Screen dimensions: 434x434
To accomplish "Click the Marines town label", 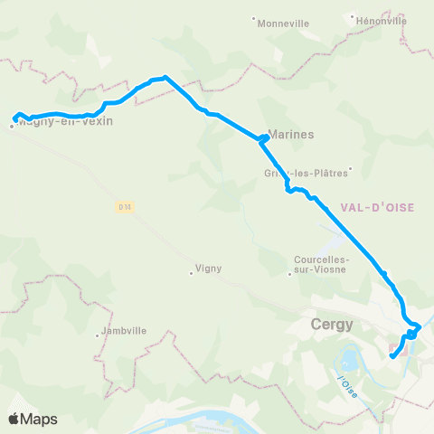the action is coord(291,134).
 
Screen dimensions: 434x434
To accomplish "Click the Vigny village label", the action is coord(209,269).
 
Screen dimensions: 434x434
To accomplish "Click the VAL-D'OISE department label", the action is coord(378,207).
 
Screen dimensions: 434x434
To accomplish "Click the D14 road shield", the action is coord(125,206).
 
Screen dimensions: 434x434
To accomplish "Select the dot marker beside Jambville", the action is coord(98,336).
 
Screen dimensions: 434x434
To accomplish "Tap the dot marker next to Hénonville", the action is coord(354,15).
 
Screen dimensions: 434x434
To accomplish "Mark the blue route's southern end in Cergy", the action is coord(392,356).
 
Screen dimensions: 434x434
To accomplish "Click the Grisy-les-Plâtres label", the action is coord(306,173).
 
